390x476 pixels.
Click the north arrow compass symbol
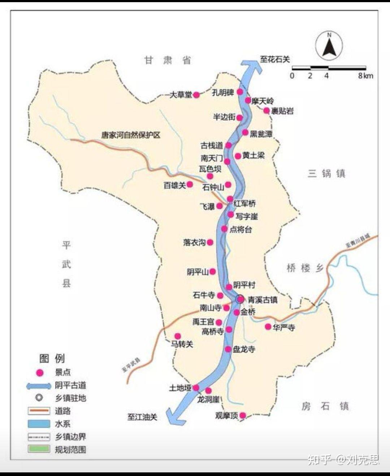(x=329, y=46)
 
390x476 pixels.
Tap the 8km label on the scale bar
(x=365, y=76)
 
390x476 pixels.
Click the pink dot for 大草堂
(x=196, y=95)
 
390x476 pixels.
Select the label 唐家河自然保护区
(x=130, y=135)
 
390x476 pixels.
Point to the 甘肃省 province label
(x=168, y=60)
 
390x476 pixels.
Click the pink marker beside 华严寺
(x=268, y=327)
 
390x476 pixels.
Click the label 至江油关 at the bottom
(x=142, y=417)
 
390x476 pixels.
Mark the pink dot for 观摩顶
(x=243, y=415)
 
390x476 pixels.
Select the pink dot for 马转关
(x=178, y=336)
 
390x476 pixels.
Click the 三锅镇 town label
(x=326, y=174)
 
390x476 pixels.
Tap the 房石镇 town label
(x=325, y=406)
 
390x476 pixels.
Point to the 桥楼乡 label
(x=305, y=268)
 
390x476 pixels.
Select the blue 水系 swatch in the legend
(x=39, y=424)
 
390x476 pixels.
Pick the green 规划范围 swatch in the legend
(x=39, y=449)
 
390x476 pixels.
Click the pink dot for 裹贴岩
(x=266, y=110)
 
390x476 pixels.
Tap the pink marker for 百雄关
(x=190, y=184)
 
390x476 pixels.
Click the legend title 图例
(x=52, y=358)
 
